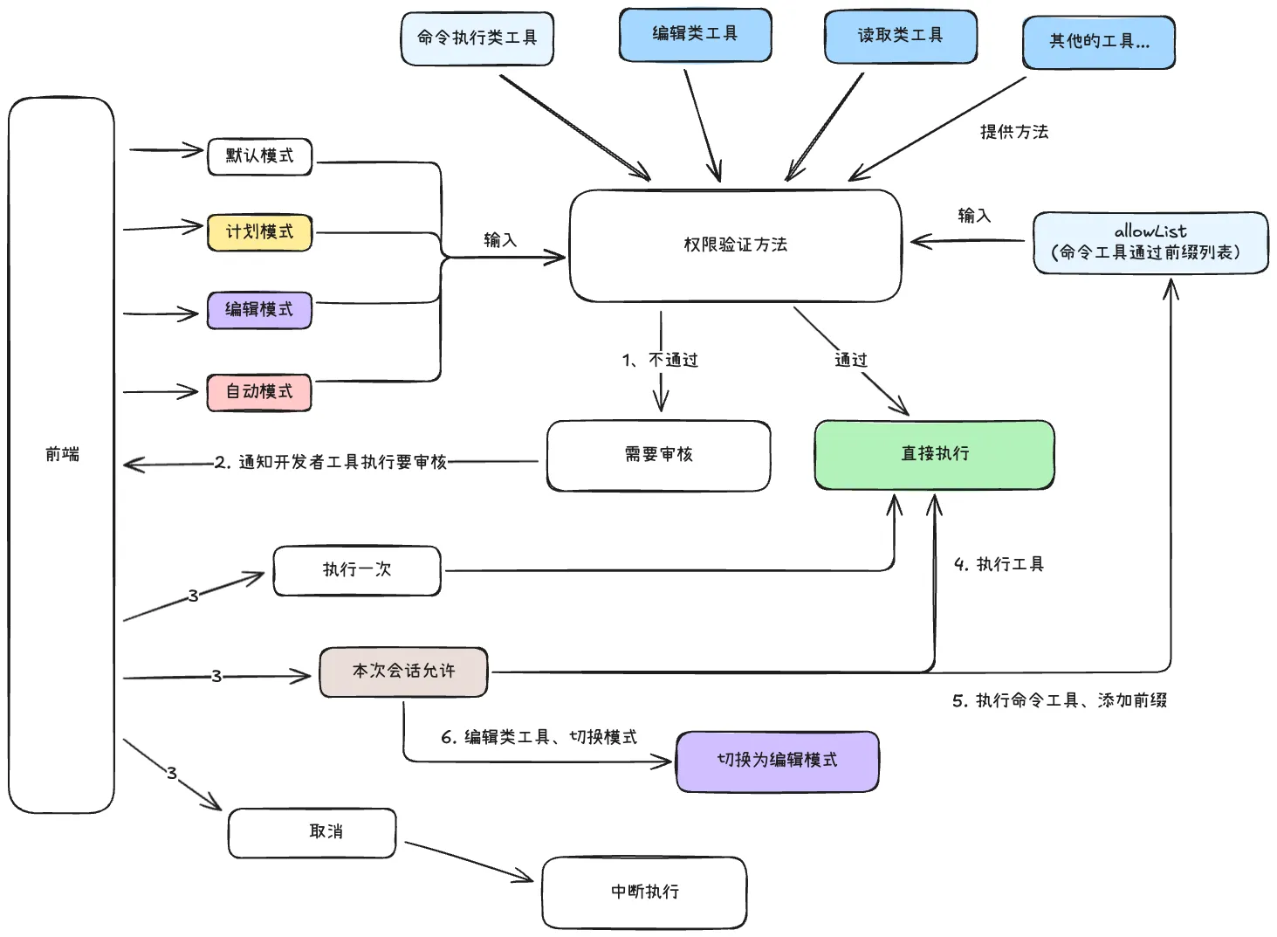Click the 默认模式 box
[x=259, y=156]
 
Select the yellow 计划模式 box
[x=259, y=232]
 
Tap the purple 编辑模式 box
[x=259, y=310]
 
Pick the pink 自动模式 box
[x=259, y=392]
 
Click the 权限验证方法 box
[x=735, y=245]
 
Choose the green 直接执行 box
[x=934, y=454]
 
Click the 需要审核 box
[x=658, y=455]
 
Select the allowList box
[x=1150, y=243]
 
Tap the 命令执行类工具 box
[x=477, y=38]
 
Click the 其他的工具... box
[x=1098, y=42]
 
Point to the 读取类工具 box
[x=900, y=36]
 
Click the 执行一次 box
[x=356, y=570]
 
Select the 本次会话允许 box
[x=402, y=672]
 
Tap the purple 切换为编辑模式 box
[x=777, y=761]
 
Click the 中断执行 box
[x=644, y=892]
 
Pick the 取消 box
[x=312, y=832]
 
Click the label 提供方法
[x=1013, y=132]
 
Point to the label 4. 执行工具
[x=999, y=565]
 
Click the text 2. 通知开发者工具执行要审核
[x=331, y=462]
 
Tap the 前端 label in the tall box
[x=62, y=454]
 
